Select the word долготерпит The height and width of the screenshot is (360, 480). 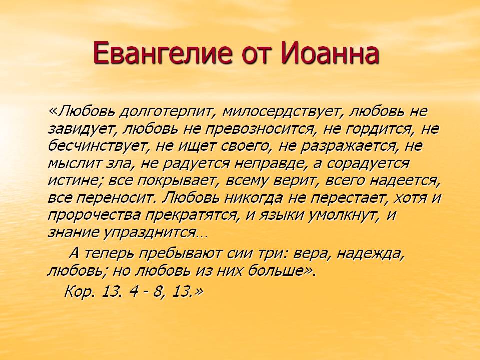point(164,112)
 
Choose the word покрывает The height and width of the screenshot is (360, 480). point(175,181)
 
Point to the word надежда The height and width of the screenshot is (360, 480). point(370,254)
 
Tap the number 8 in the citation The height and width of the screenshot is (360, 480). point(158,292)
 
